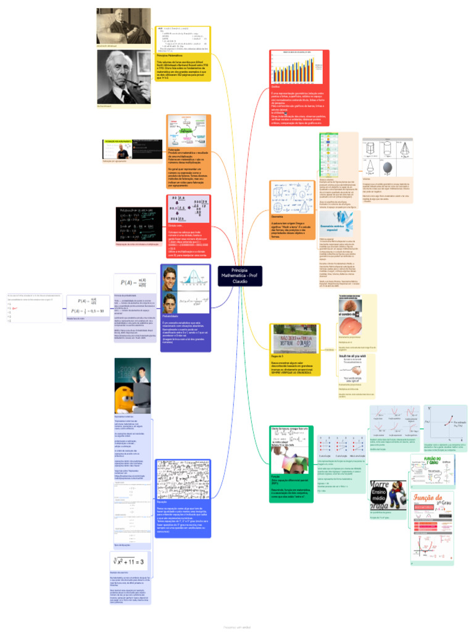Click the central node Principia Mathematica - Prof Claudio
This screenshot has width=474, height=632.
coord(239,276)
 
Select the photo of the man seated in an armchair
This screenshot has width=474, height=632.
coord(123,25)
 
